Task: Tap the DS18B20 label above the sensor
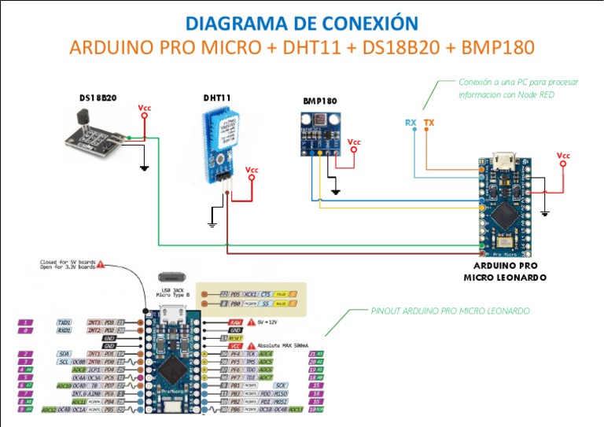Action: pos(98,98)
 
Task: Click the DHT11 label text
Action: pos(217,98)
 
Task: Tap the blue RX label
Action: pos(411,123)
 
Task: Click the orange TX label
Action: pos(429,123)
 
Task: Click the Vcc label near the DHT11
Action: pos(252,169)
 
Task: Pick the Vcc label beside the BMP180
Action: pos(354,142)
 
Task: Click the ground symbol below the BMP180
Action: pos(335,191)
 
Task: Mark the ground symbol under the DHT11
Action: pos(212,224)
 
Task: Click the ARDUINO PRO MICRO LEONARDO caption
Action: pos(505,271)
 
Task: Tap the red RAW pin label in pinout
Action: pos(234,322)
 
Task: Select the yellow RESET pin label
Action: pos(235,338)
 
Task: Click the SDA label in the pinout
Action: pos(64,354)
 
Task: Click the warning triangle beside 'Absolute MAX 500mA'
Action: pos(252,346)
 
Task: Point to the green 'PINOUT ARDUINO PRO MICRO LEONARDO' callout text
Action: pos(450,311)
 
